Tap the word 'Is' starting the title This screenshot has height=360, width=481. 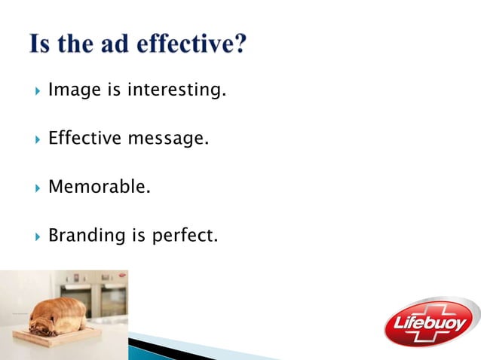[x=39, y=44]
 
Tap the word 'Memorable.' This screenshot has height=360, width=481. [x=99, y=186]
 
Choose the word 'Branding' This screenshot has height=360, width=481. [x=86, y=236]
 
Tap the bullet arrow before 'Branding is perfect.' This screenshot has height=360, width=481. [x=37, y=236]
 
